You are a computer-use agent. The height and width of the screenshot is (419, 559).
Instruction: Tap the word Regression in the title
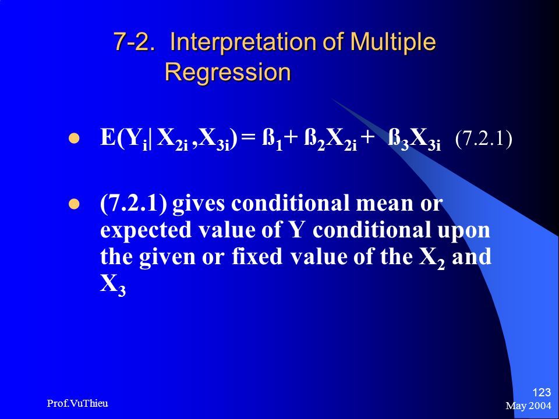[x=228, y=72]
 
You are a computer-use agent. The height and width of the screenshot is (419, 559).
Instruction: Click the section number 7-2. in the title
[x=135, y=42]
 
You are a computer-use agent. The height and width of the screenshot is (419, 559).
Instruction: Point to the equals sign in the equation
[x=249, y=139]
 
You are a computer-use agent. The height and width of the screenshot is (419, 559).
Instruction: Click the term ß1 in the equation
[x=273, y=140]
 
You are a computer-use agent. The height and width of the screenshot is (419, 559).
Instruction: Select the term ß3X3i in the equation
[x=414, y=140]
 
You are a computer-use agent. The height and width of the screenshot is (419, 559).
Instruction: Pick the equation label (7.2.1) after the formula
[x=484, y=139]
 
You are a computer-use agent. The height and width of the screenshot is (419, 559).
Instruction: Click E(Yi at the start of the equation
[x=124, y=139]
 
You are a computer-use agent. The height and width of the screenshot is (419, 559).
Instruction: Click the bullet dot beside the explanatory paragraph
[x=74, y=204]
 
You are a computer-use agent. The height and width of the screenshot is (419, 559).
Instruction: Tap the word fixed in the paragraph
[x=257, y=257]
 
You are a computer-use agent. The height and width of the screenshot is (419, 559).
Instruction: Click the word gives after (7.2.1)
[x=199, y=204]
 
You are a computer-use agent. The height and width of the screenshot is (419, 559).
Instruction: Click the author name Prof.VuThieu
[x=77, y=403]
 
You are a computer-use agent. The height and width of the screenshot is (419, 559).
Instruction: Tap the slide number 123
[x=542, y=393]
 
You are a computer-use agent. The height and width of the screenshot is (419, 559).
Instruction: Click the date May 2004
[x=528, y=406]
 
